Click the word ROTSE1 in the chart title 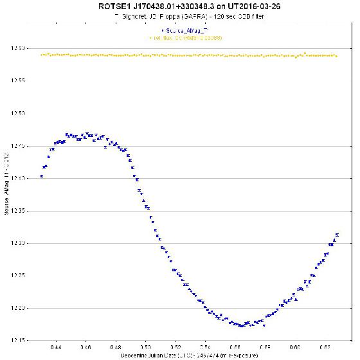107,6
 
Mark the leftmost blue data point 42,175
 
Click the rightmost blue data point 337,235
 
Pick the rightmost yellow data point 337,55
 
